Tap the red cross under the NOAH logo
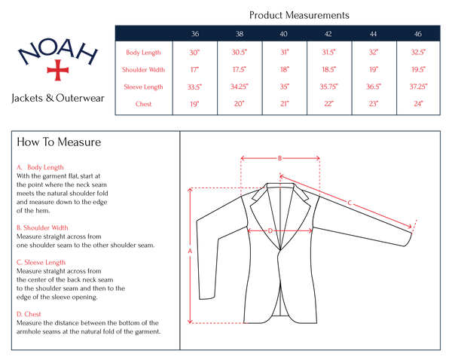[57, 70]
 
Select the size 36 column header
[195, 34]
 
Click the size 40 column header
[283, 34]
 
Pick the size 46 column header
[417, 34]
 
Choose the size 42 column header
[328, 34]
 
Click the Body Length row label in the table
[144, 53]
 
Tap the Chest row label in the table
[144, 103]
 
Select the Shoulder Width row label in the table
[144, 69]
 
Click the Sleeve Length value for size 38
[240, 87]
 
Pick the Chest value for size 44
[374, 103]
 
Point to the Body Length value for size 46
[417, 53]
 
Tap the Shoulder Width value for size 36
[195, 69]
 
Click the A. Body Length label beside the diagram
[41, 167]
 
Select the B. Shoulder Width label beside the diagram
[43, 227]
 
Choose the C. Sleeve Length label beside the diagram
[41, 262]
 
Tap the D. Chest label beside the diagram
[29, 314]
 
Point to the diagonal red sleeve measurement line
[350, 202]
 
